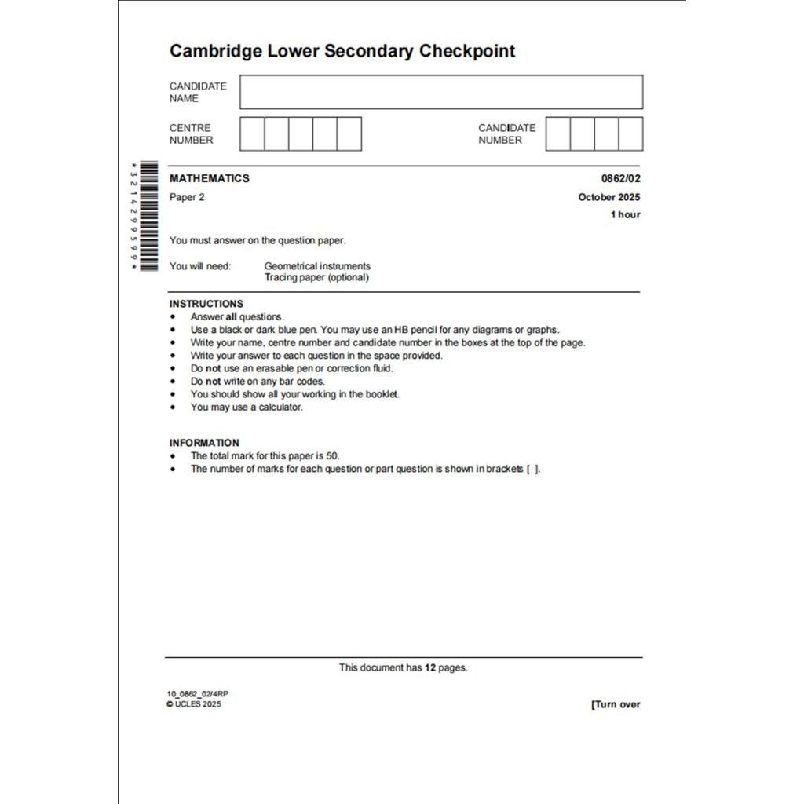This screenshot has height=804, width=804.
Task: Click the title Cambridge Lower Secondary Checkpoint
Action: [x=342, y=52]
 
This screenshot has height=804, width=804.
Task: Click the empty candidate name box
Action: [x=441, y=92]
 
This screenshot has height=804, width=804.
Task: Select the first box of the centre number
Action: [x=252, y=134]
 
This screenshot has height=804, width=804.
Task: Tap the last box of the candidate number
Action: [x=630, y=134]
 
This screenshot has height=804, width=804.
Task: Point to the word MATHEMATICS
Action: [x=210, y=178]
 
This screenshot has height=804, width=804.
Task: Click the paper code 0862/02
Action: [x=621, y=178]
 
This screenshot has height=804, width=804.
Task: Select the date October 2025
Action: [x=609, y=197]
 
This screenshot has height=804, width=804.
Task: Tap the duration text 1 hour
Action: [x=625, y=214]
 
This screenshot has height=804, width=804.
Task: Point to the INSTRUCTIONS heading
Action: [x=206, y=304]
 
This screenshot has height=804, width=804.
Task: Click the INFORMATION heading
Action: [x=204, y=443]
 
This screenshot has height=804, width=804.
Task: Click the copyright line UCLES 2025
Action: [x=195, y=704]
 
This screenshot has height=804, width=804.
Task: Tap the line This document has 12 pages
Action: [x=403, y=667]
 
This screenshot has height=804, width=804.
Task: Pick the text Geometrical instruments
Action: [x=317, y=266]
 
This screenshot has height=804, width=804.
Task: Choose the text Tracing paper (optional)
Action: [x=316, y=277]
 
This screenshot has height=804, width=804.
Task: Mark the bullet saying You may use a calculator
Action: [x=246, y=407]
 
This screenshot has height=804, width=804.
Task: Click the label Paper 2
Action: [x=187, y=197]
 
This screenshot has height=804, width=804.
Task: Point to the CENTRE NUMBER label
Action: [x=191, y=134]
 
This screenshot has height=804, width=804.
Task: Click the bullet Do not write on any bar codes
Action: [x=257, y=382]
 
